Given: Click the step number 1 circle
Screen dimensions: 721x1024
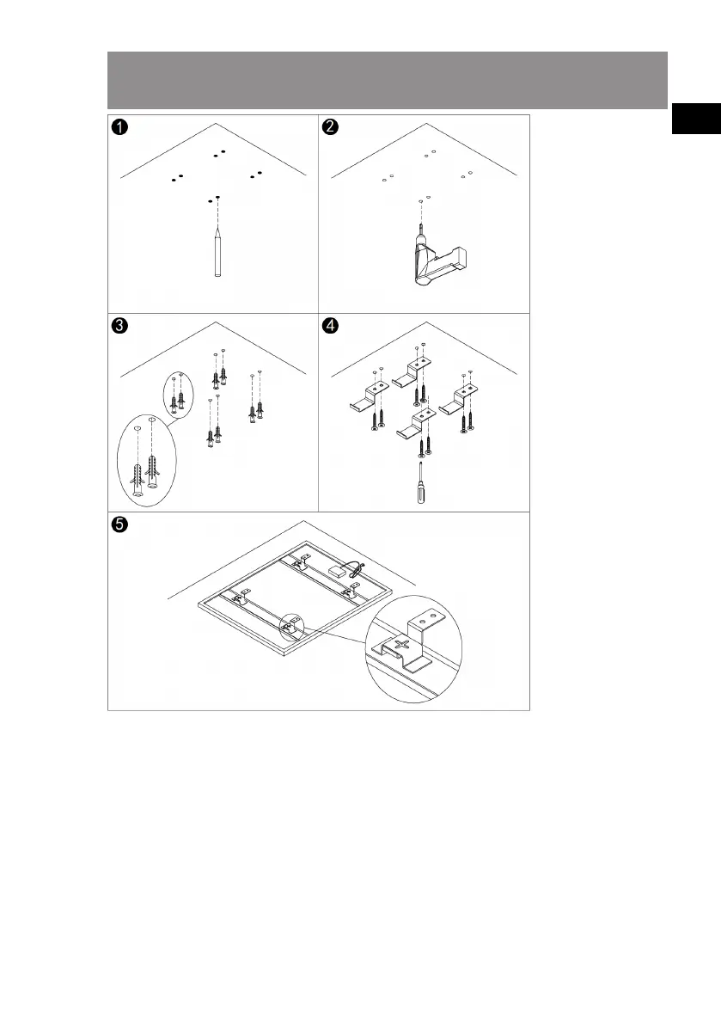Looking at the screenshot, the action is [119, 126].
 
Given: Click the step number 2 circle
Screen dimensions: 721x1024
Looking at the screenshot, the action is [330, 126].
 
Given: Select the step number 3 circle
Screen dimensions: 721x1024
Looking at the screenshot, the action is [119, 325].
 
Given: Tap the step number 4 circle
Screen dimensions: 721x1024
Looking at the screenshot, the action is [330, 325].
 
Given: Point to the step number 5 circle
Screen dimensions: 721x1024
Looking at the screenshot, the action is [119, 524].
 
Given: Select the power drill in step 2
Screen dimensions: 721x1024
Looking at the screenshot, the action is [437, 258].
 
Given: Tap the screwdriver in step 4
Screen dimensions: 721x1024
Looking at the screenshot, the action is [421, 482].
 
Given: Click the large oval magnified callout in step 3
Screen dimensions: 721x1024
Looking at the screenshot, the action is [147, 460].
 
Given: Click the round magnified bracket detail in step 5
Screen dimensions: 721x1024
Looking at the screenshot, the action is [413, 649].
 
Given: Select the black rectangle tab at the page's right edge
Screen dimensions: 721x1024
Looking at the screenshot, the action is [696, 118].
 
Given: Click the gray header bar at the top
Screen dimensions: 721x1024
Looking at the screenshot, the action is [388, 80].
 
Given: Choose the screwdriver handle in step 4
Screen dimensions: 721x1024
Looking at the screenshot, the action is [421, 493].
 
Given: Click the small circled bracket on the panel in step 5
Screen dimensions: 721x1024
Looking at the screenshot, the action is [291, 627].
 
